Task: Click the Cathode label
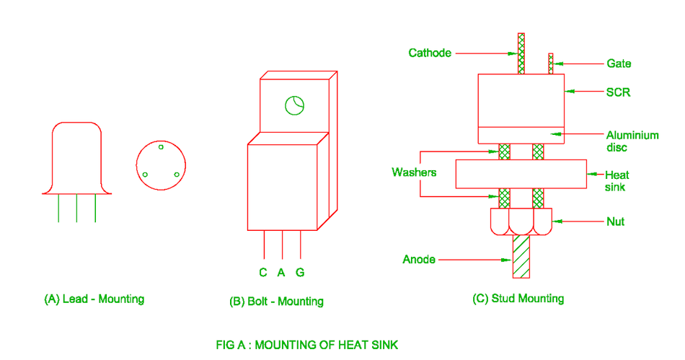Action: coord(430,53)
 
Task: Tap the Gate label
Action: coord(618,63)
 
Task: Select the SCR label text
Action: coord(617,93)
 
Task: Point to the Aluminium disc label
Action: coord(632,141)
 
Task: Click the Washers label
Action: coord(414,172)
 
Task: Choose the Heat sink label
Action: coord(616,180)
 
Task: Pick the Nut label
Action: coord(615,221)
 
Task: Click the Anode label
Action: coord(419,259)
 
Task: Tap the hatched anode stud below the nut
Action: coord(521,257)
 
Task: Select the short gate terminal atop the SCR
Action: coord(551,63)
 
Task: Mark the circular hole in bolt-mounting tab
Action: coord(295,105)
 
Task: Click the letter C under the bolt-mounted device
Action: coord(263,273)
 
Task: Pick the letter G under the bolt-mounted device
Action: coord(300,273)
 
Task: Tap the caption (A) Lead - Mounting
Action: coord(94,299)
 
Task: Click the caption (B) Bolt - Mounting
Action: coord(276,301)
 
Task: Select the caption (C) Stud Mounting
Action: coord(518,298)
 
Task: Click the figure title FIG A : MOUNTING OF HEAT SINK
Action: coord(306,345)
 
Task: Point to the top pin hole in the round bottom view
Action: coord(162,147)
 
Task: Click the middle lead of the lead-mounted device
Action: coord(77,208)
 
